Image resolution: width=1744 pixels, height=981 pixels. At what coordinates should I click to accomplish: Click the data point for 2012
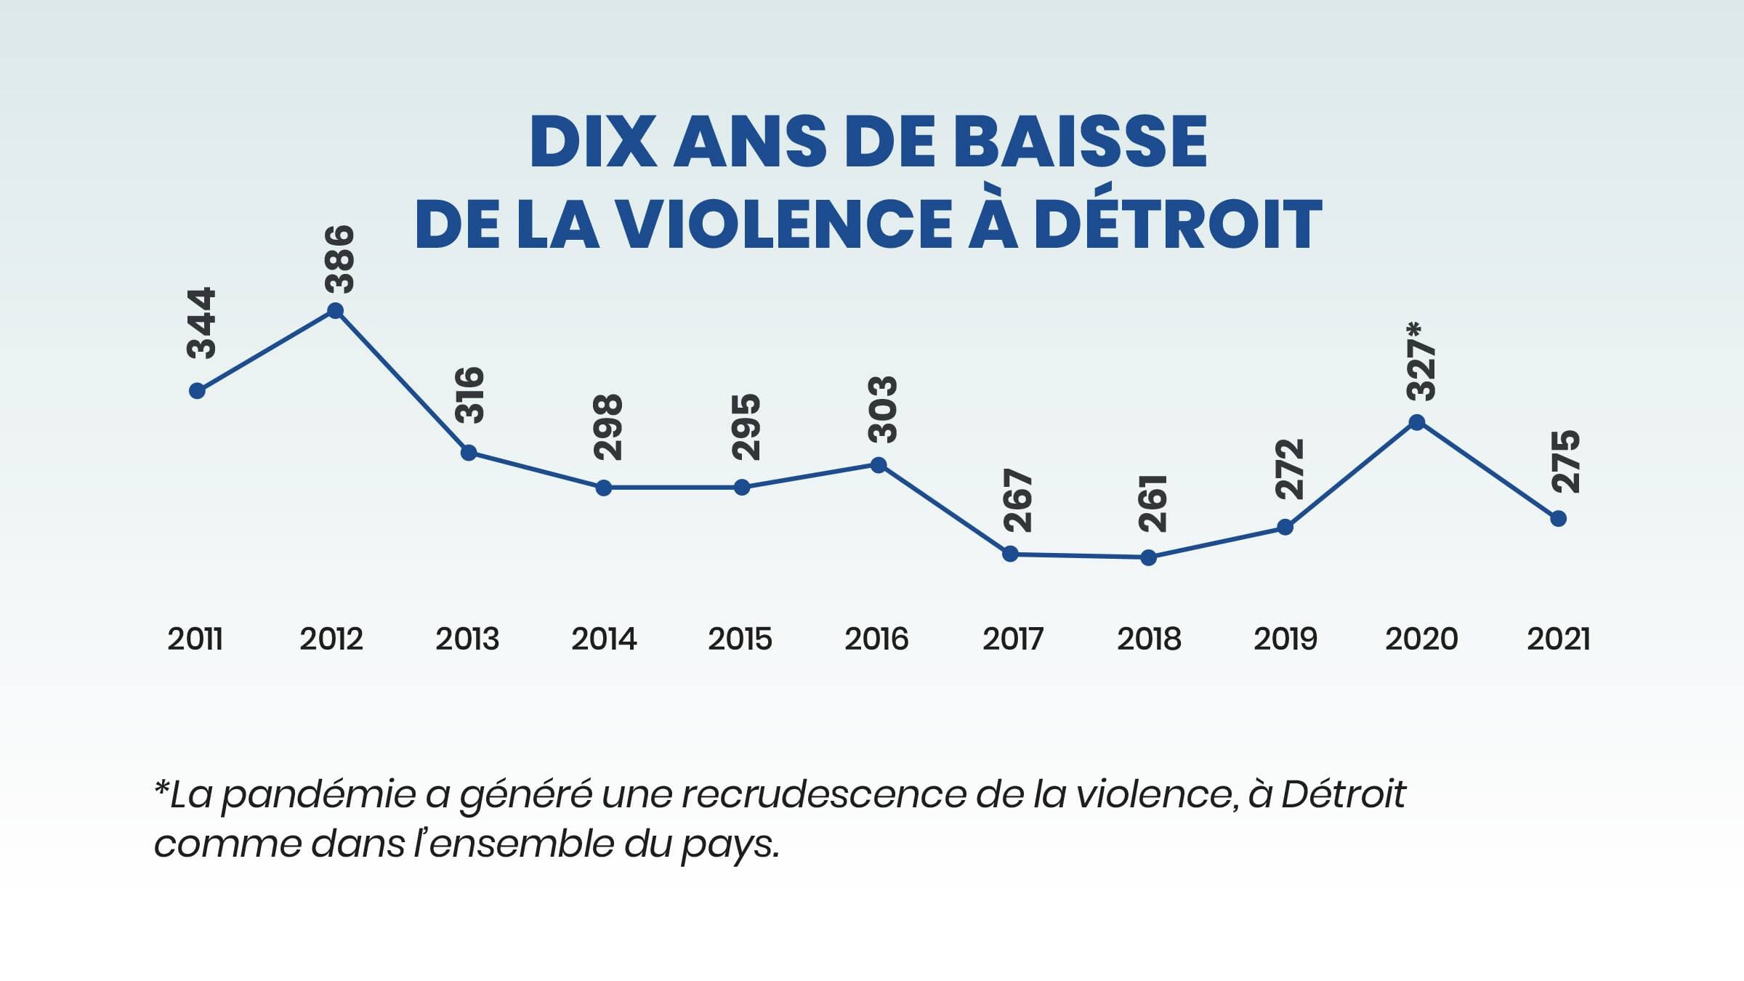click(335, 312)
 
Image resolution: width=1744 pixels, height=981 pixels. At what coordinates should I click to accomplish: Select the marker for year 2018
click(1148, 558)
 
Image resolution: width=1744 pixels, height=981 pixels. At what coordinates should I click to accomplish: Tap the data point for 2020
click(1416, 422)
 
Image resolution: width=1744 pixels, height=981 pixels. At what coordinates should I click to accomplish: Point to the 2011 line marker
click(197, 391)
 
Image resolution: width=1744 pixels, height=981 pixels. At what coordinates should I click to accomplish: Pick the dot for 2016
click(879, 465)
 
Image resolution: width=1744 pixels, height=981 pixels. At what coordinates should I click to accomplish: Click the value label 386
click(340, 259)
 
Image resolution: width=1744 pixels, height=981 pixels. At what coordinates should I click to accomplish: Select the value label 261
click(1153, 504)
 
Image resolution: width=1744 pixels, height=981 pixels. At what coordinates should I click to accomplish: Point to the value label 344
click(202, 323)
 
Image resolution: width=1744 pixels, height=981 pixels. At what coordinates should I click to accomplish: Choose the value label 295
click(746, 427)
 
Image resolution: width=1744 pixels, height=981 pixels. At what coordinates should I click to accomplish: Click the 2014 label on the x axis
click(604, 639)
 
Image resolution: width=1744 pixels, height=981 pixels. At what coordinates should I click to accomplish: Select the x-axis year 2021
click(1558, 639)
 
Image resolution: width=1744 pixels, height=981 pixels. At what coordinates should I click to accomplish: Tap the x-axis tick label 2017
click(1012, 639)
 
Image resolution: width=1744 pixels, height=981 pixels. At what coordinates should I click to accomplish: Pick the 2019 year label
click(1285, 639)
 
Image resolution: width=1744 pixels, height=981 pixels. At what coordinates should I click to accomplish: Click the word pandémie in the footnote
click(318, 795)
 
